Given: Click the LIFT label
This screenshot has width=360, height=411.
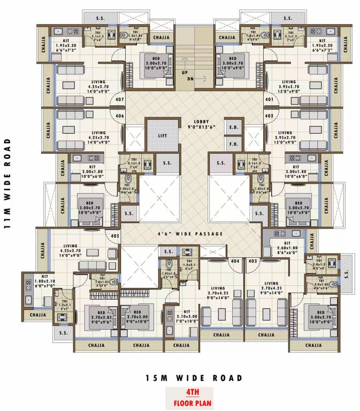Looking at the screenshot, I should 163,135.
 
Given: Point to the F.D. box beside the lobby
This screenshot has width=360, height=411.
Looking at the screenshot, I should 233,144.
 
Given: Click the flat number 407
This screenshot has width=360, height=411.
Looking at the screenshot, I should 120,99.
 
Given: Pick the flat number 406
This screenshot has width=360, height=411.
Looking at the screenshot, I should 120,116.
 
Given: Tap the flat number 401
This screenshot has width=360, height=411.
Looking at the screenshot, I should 268,99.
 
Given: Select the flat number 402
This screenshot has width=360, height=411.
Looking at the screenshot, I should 268,116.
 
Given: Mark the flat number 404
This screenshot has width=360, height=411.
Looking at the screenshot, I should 234,261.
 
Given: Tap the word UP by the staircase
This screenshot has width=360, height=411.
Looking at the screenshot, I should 184,72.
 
